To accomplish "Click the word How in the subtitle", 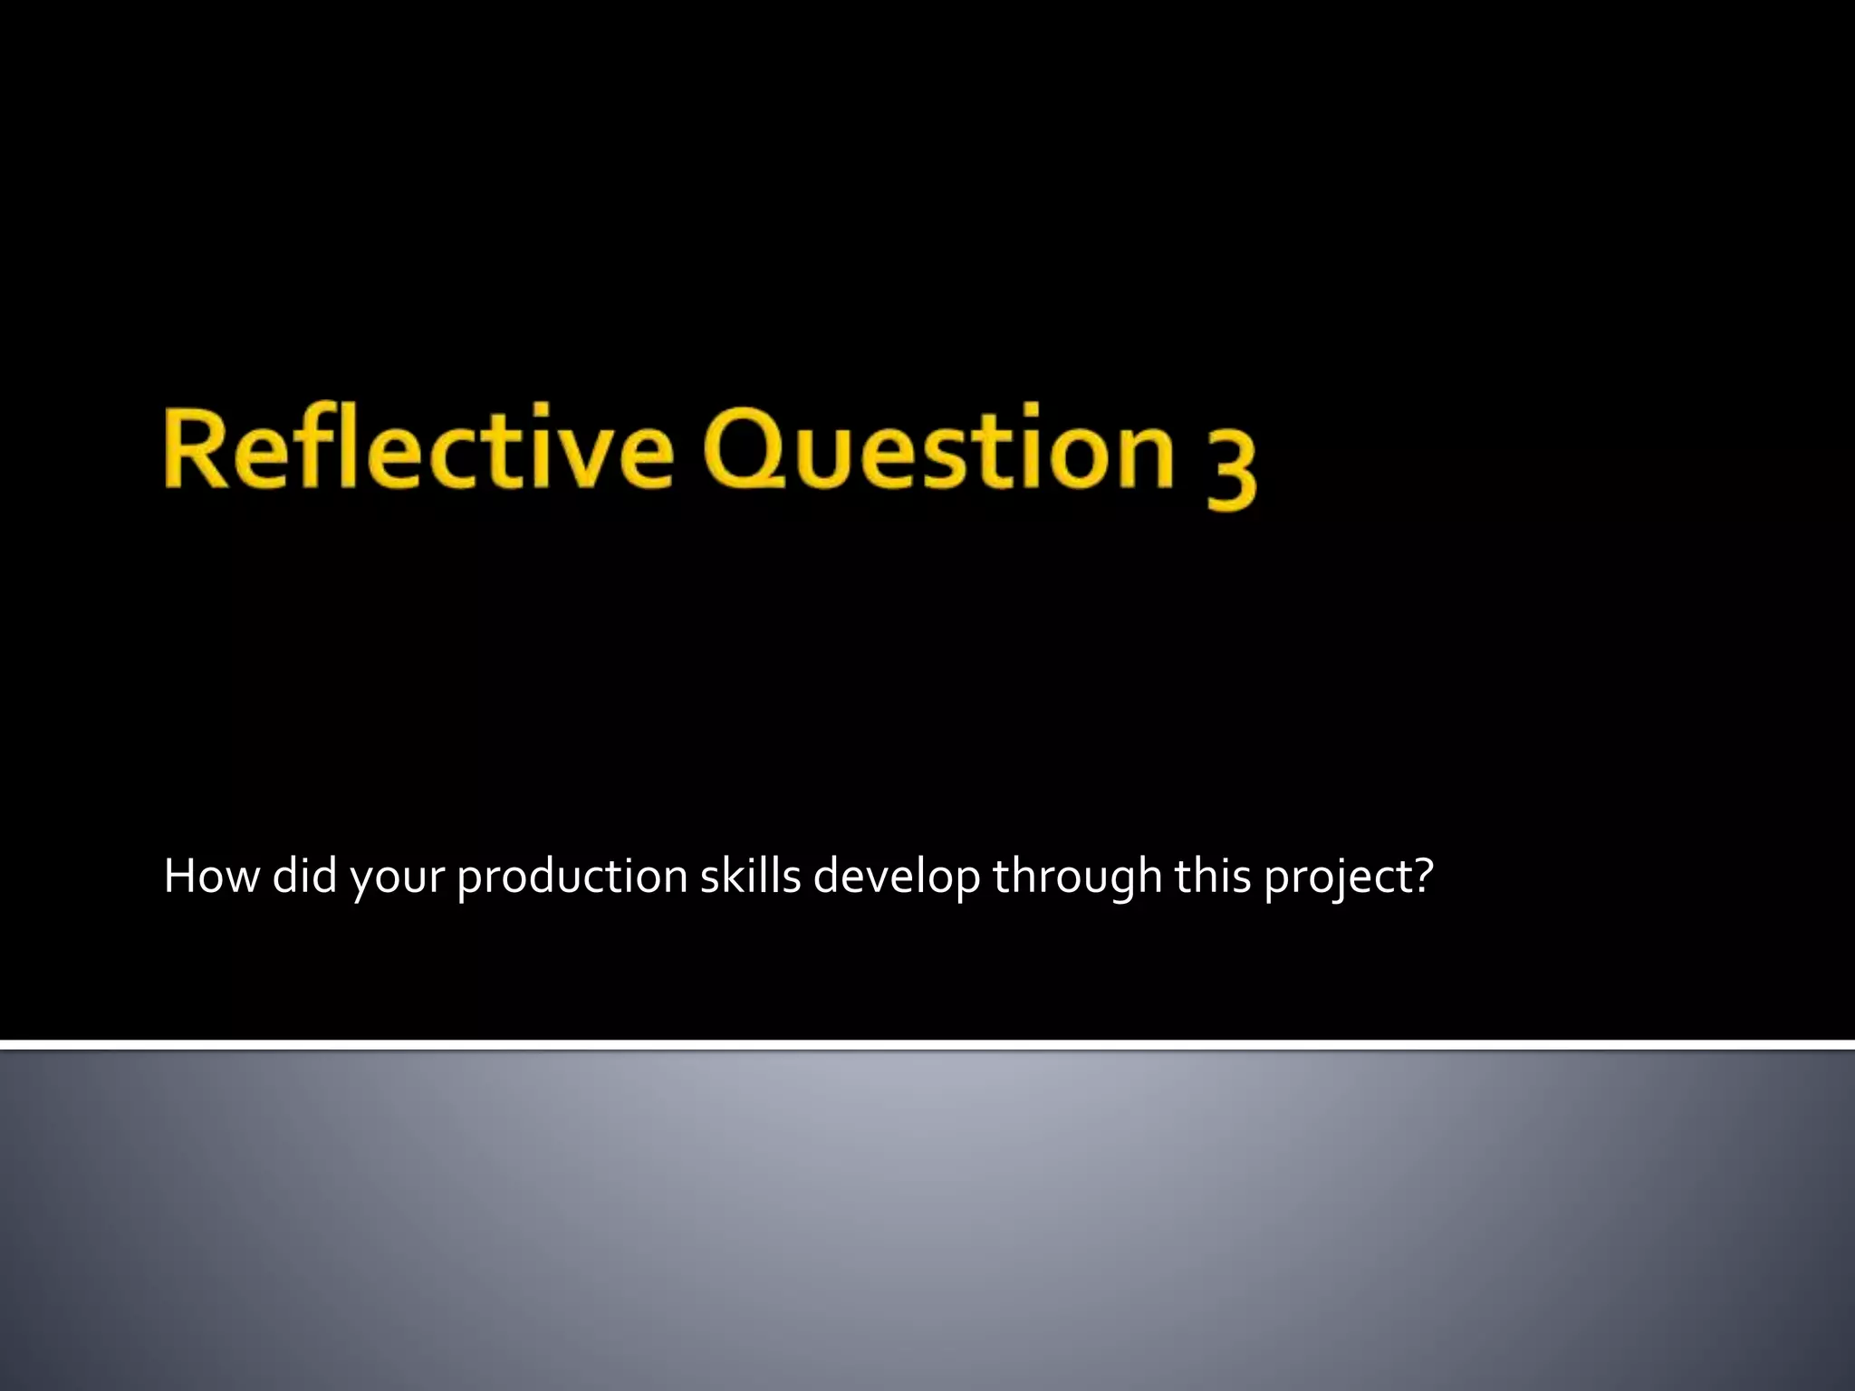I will tap(210, 877).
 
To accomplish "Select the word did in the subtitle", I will tap(304, 877).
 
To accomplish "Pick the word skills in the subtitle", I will tap(751, 877).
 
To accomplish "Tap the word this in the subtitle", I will tap(1214, 877).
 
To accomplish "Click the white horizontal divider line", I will tap(927, 1046).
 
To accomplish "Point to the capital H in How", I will tap(180, 877).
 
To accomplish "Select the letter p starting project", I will tap(1277, 882).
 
